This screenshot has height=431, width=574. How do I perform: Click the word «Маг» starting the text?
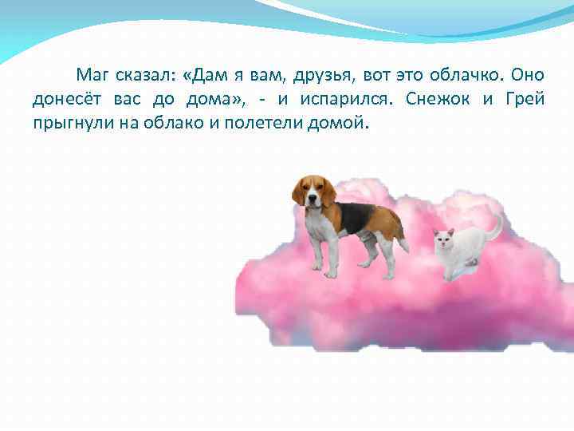[x=92, y=76]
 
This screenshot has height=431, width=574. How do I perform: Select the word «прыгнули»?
[x=67, y=124]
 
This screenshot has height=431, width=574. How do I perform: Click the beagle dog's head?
[x=312, y=192]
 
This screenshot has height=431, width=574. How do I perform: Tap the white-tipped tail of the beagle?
[x=403, y=243]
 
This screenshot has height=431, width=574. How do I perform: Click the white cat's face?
[x=443, y=239]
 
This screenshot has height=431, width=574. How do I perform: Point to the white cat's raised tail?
[x=497, y=227]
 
